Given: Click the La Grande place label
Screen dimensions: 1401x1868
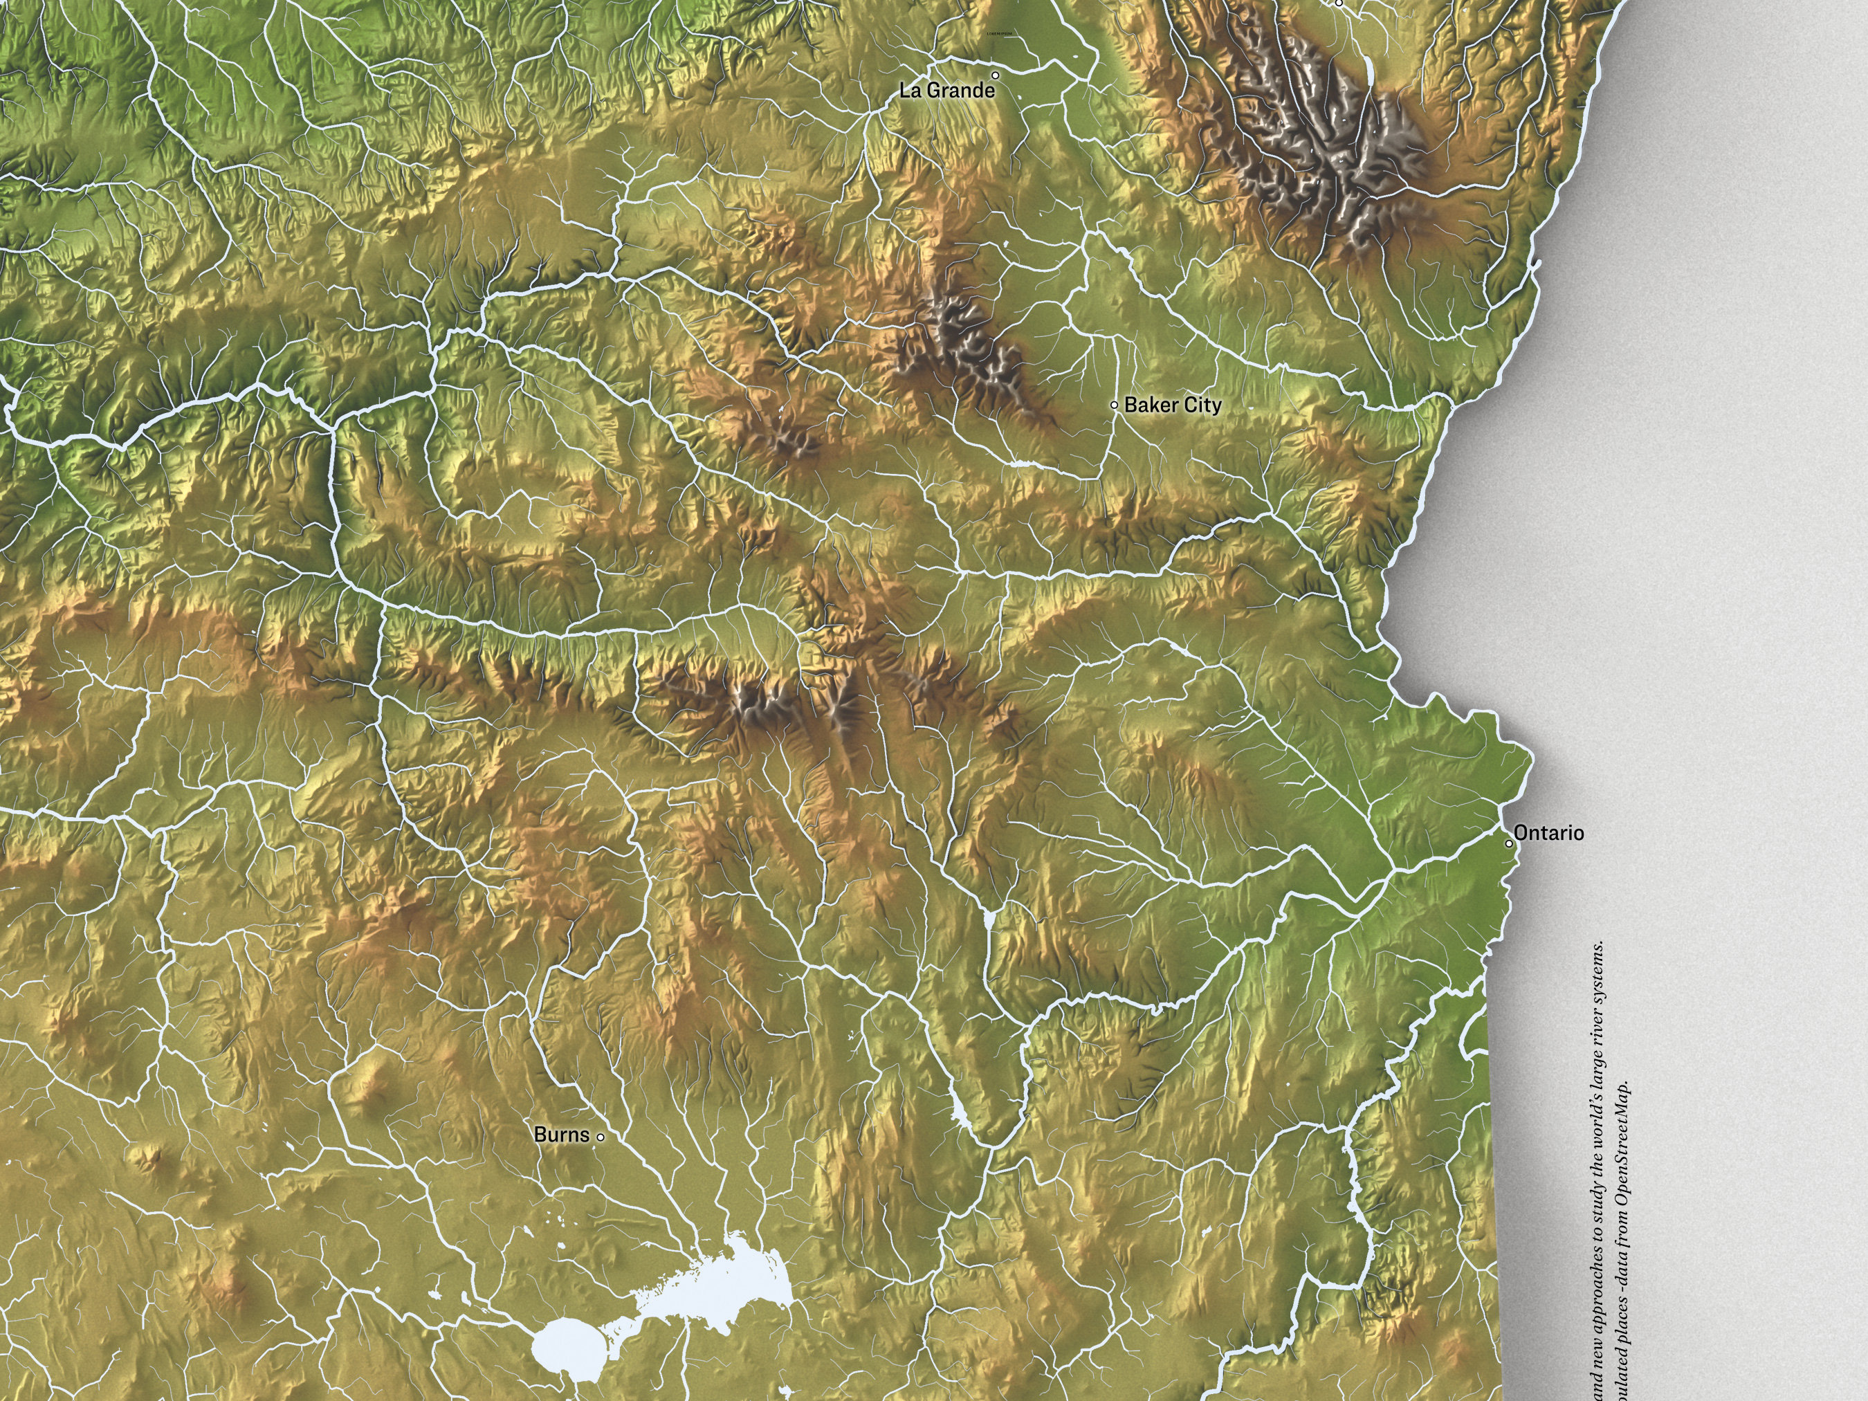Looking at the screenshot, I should (x=946, y=91).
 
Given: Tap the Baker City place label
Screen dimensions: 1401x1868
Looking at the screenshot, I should (x=1172, y=405).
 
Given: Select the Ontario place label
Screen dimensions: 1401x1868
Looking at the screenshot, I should (x=1549, y=833).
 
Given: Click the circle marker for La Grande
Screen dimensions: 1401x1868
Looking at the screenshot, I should (x=995, y=75).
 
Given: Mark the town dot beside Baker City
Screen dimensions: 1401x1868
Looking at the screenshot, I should (x=1114, y=405).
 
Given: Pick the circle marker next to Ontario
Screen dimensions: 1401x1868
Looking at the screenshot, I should (x=1510, y=843).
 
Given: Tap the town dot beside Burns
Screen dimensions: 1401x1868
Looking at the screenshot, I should (x=601, y=1137).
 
